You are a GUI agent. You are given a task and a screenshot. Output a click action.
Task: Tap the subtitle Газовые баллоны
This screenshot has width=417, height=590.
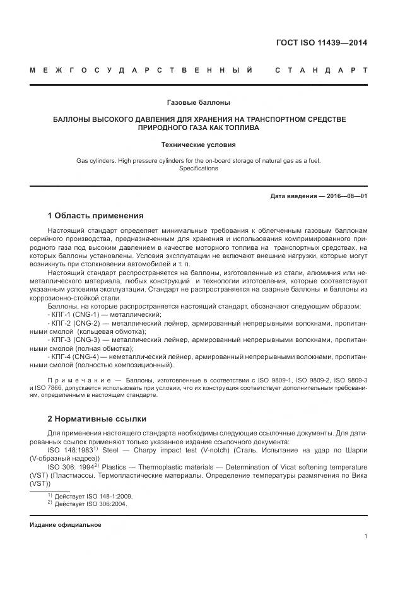pyautogui.click(x=198, y=102)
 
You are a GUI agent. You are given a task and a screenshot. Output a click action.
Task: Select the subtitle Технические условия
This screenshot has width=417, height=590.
pyautogui.click(x=198, y=145)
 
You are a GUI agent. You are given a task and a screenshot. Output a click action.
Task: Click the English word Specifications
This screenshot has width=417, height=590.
pyautogui.click(x=198, y=168)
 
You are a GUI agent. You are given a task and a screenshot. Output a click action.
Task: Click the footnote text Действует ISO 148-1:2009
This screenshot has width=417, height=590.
pyautogui.click(x=90, y=496)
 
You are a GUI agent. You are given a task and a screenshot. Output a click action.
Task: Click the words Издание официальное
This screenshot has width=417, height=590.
pyautogui.click(x=66, y=525)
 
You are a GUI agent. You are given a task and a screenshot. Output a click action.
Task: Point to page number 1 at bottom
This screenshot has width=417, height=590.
pyautogui.click(x=366, y=536)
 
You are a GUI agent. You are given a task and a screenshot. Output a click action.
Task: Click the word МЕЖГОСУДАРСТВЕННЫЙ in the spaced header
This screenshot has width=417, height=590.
pyautogui.click(x=143, y=69)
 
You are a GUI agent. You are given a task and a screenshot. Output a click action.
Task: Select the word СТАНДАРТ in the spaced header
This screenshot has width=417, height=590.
pyautogui.click(x=321, y=69)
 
